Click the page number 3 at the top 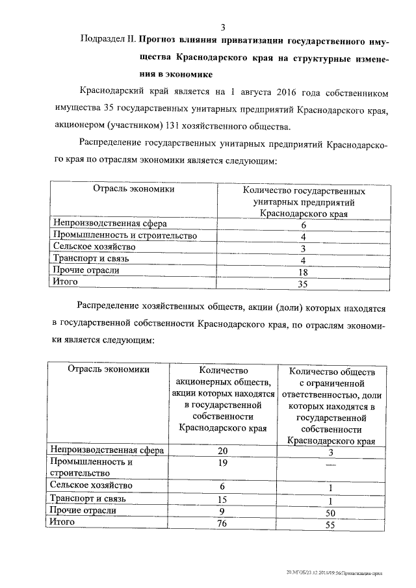tap(223, 27)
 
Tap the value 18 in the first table tap(303, 272)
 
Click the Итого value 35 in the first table tap(303, 284)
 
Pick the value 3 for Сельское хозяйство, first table tap(303, 248)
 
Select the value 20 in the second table tap(223, 452)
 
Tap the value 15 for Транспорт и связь tap(223, 500)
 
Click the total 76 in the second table tap(223, 524)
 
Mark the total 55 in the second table tap(331, 526)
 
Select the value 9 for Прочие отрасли tap(223, 511)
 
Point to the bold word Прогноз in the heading tap(160, 40)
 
